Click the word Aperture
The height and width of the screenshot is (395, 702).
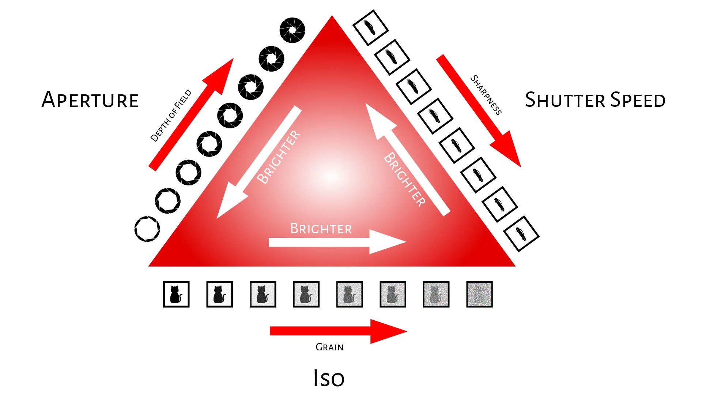pos(90,100)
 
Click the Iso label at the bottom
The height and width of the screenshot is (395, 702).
pos(329,378)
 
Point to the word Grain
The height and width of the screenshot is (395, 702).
pos(329,347)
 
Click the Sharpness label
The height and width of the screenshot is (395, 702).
pos(486,95)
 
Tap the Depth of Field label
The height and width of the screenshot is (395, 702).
pos(171,116)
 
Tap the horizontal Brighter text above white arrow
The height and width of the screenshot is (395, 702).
pos(321,229)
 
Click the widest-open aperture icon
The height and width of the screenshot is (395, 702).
pos(147,229)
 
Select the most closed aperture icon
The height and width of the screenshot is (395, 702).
pos(292,30)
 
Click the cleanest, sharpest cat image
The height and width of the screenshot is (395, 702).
pos(176,294)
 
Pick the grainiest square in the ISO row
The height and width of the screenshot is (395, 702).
pos(479,294)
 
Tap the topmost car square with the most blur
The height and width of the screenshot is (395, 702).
pos(370,28)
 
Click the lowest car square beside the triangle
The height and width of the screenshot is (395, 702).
pos(521,234)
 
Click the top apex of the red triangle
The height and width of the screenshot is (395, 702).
pos(332,18)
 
